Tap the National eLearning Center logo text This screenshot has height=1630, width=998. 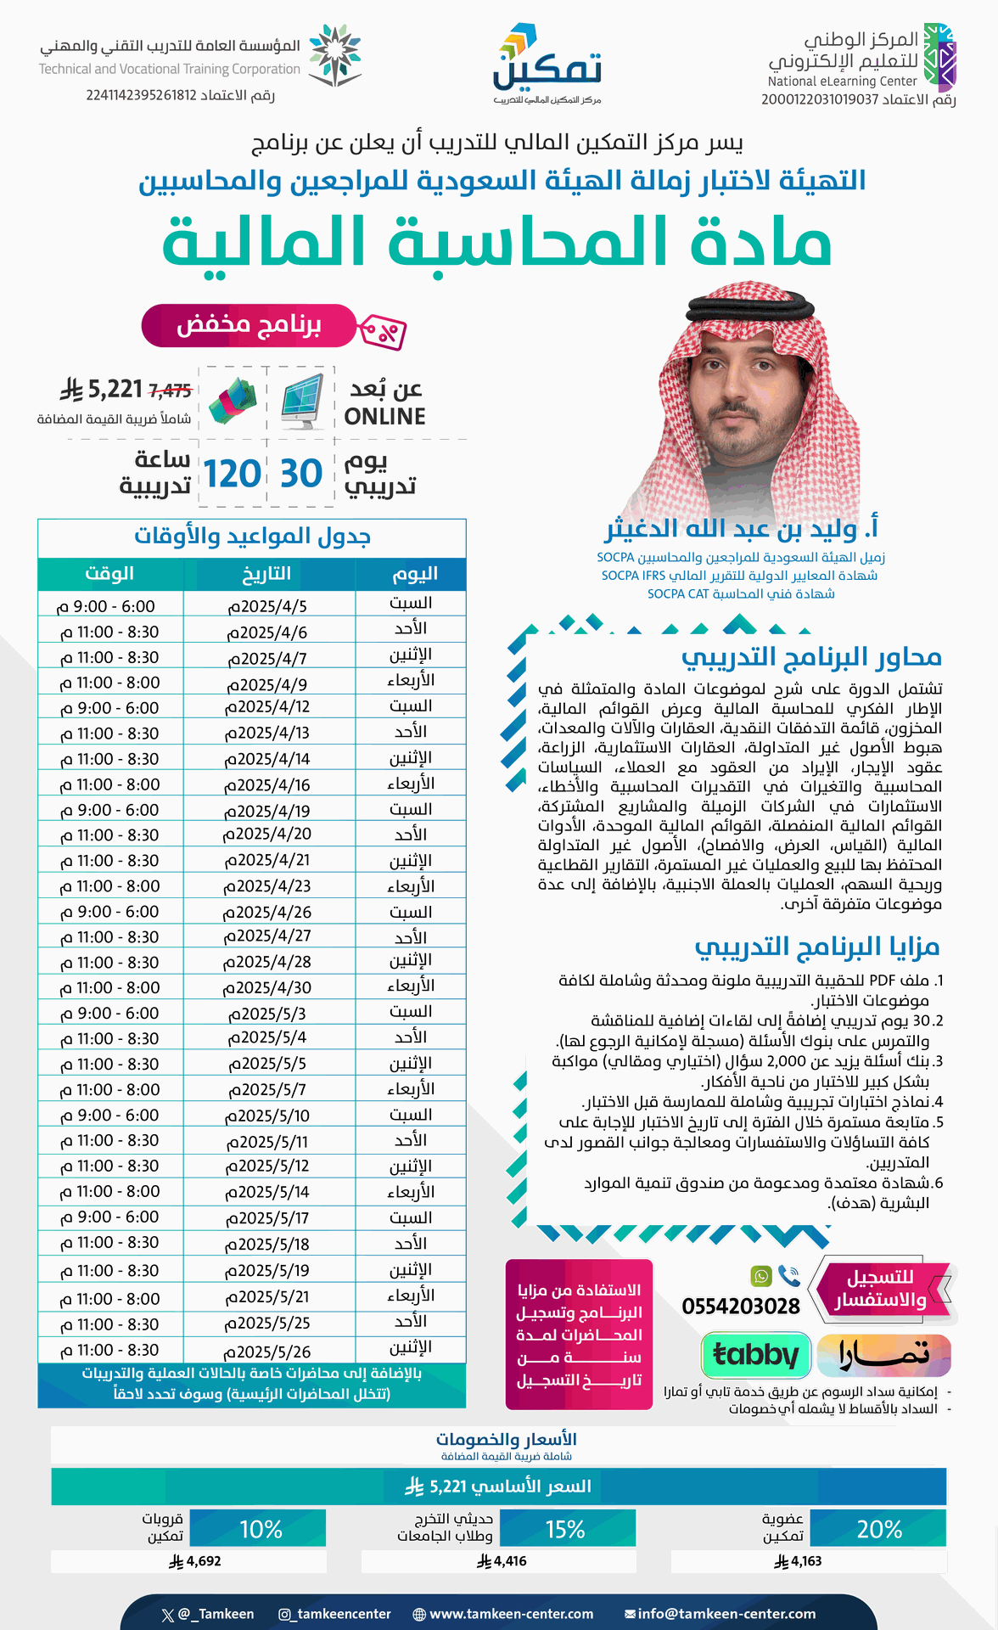(842, 81)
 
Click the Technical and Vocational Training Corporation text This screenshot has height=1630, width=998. (170, 69)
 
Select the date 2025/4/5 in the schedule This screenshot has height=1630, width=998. (267, 606)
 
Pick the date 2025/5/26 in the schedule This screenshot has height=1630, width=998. (267, 1351)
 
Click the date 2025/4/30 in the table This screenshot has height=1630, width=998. (267, 988)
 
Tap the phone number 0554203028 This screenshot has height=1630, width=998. (741, 1307)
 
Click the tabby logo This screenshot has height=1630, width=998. (756, 1354)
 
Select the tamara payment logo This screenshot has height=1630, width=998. (883, 1354)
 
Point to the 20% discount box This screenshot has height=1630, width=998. (879, 1529)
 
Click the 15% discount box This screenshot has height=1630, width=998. (565, 1529)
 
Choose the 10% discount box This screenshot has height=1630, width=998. (261, 1529)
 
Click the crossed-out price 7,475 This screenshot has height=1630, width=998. (170, 391)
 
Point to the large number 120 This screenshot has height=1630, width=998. (232, 474)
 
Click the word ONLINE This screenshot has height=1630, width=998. (384, 417)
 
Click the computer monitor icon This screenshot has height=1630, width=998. (302, 401)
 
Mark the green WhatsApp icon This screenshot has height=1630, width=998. (760, 1276)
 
